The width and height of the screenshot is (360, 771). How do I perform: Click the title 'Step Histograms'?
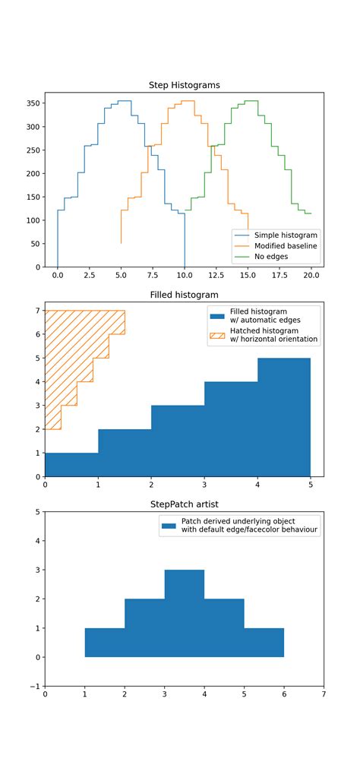pyautogui.click(x=184, y=86)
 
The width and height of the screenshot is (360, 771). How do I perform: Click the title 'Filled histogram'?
pyautogui.click(x=184, y=295)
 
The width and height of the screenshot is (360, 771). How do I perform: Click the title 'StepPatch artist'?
pyautogui.click(x=184, y=504)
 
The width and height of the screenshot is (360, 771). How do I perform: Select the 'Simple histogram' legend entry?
pyautogui.click(x=286, y=235)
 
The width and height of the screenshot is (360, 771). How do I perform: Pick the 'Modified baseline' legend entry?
pyautogui.click(x=286, y=246)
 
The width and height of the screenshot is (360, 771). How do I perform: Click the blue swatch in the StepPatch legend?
pyautogui.click(x=168, y=526)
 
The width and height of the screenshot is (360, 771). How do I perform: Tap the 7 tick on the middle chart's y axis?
pyautogui.click(x=38, y=311)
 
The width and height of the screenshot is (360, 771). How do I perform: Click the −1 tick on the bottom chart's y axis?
pyautogui.click(x=35, y=686)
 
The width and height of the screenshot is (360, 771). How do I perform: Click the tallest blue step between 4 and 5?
pyautogui.click(x=284, y=417)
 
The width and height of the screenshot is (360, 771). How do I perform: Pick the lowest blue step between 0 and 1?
pyautogui.click(x=71, y=464)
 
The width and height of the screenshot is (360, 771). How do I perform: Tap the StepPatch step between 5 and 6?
pyautogui.click(x=264, y=643)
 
